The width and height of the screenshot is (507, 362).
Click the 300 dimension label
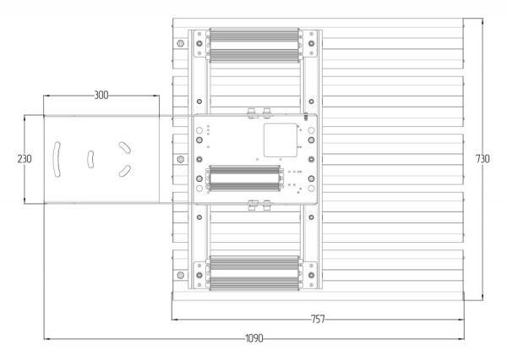pos(101,96)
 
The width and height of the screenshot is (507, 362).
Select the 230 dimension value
pos(11,158)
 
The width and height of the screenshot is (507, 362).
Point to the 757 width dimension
pos(318,319)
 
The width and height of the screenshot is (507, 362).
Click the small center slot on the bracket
pos(90,158)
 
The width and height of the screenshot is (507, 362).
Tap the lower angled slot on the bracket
pos(123,171)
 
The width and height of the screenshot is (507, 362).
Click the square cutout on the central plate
pos(278,140)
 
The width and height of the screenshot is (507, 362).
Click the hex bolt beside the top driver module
pos(179,43)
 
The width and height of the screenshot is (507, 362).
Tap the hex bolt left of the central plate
pos(179,159)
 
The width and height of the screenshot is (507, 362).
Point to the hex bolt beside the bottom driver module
pos(179,274)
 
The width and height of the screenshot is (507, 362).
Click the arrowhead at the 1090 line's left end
pos(46,339)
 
